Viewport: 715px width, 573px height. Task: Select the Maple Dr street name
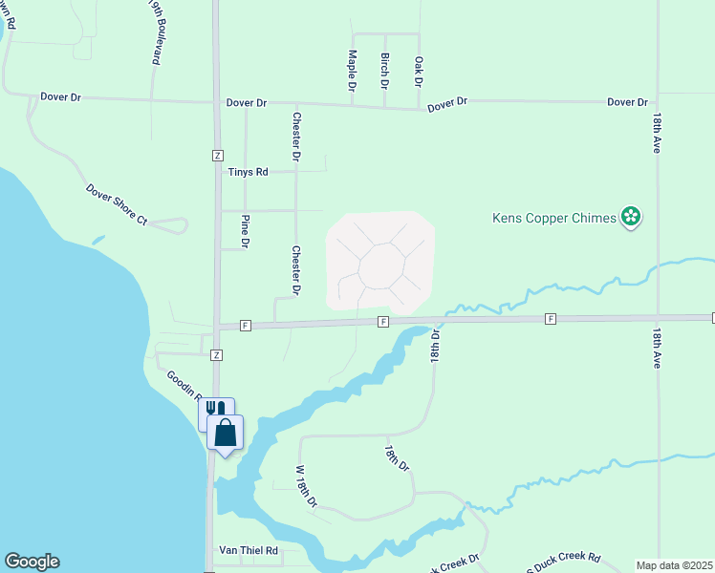(352, 70)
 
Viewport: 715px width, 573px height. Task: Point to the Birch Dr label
(384, 71)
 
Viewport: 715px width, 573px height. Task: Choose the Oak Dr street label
(418, 72)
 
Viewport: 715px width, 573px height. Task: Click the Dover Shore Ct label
(117, 205)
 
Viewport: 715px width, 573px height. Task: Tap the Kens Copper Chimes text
(554, 218)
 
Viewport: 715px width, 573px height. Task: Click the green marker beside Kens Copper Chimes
(630, 218)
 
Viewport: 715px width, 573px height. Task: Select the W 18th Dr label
(305, 486)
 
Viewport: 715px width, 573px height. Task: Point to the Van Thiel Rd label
(248, 551)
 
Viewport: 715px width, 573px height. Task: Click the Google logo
(32, 562)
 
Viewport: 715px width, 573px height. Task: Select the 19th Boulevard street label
(154, 32)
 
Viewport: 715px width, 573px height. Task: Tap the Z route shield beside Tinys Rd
(217, 155)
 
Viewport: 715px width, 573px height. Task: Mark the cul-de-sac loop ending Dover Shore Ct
(169, 225)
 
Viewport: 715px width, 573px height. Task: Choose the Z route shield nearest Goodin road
(217, 354)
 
